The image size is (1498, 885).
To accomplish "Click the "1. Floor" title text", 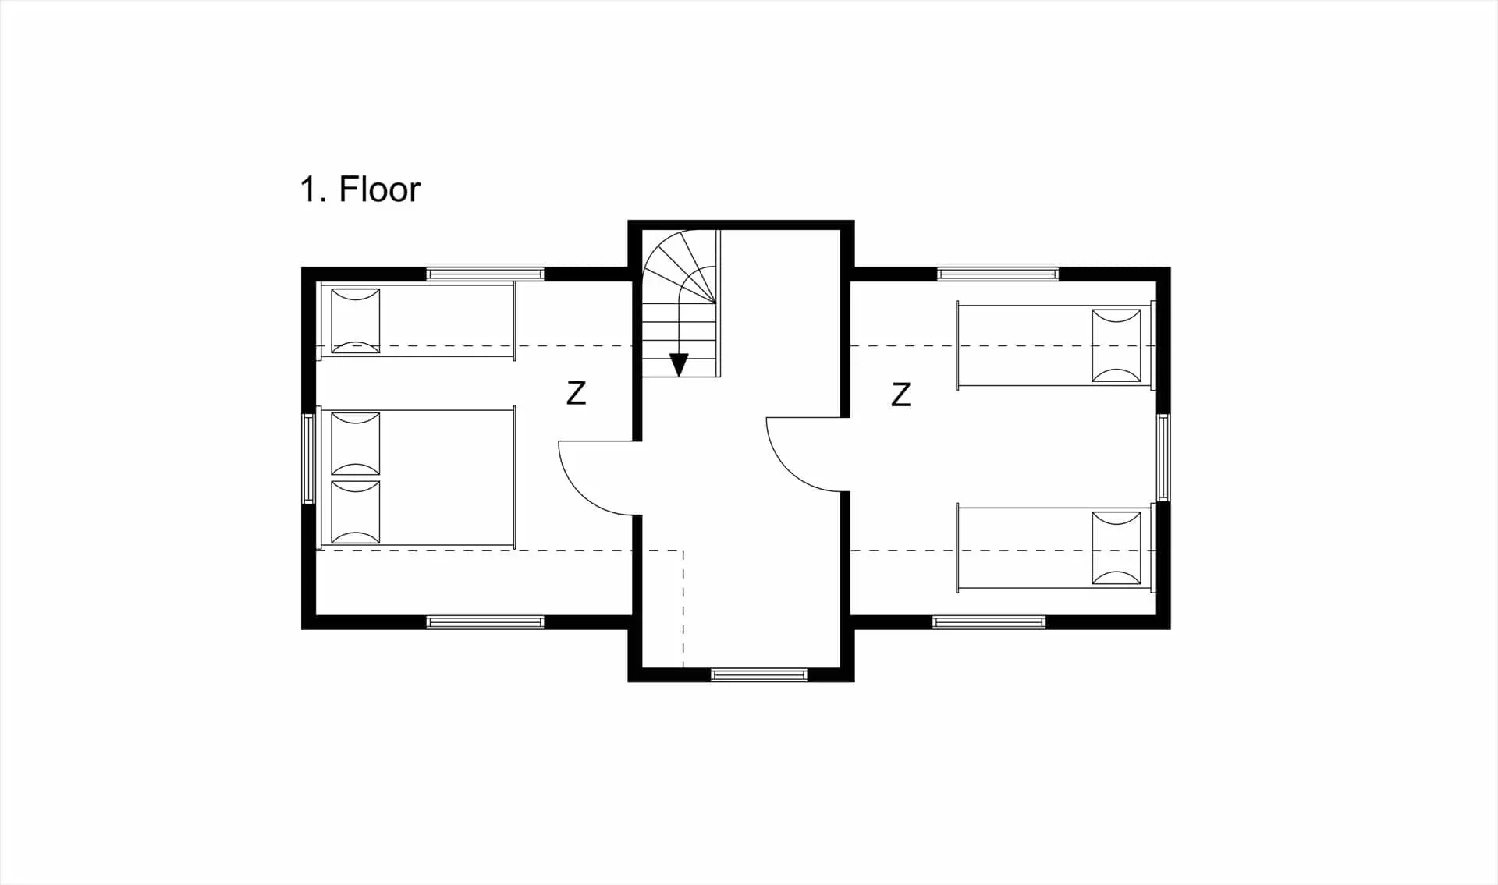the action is pyautogui.click(x=360, y=189).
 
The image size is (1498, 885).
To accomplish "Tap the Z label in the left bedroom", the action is pyautogui.click(x=576, y=393).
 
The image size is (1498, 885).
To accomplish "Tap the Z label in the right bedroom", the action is pyautogui.click(x=901, y=395).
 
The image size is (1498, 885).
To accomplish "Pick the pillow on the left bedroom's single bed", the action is pyautogui.click(x=356, y=320).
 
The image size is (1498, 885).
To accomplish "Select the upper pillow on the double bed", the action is pyautogui.click(x=356, y=444).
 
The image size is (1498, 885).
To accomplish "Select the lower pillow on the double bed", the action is pyautogui.click(x=356, y=512).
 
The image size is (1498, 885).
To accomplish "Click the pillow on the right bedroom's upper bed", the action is pyautogui.click(x=1116, y=345).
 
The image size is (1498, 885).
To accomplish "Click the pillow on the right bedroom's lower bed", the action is pyautogui.click(x=1116, y=548).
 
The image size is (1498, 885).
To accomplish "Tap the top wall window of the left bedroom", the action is pyautogui.click(x=485, y=274).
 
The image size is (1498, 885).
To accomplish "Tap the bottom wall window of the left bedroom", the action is pyautogui.click(x=485, y=622).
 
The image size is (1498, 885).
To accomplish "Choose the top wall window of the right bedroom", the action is pyautogui.click(x=998, y=274).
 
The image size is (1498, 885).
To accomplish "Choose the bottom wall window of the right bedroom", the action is pyautogui.click(x=989, y=622).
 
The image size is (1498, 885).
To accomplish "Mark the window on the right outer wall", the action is pyautogui.click(x=1163, y=457).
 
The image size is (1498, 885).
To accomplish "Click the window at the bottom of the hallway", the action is pyautogui.click(x=759, y=674).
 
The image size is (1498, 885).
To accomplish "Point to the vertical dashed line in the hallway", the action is pyautogui.click(x=683, y=609).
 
